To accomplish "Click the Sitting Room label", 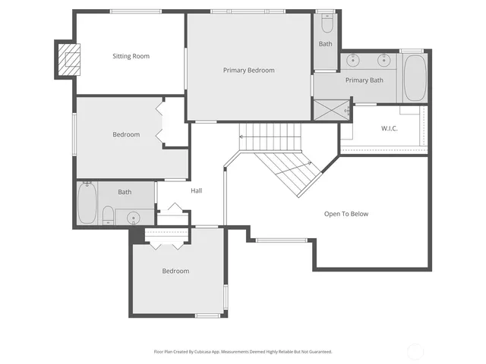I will coord(131,56).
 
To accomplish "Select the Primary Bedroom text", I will coord(248,70).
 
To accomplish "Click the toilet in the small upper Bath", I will coord(326,25).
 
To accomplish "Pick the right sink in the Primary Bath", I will coord(384,60).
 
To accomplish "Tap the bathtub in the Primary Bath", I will coord(415,77).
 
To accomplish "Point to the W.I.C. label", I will coord(390,128).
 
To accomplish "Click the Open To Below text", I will coord(346,214).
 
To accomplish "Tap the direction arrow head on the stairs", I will coord(241,137).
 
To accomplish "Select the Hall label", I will coord(196,190).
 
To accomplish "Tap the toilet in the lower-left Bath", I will coord(109,215).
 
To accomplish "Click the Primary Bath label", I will coord(364,80).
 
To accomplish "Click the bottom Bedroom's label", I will coord(175,271).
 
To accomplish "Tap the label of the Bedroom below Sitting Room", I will coord(126,134).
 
